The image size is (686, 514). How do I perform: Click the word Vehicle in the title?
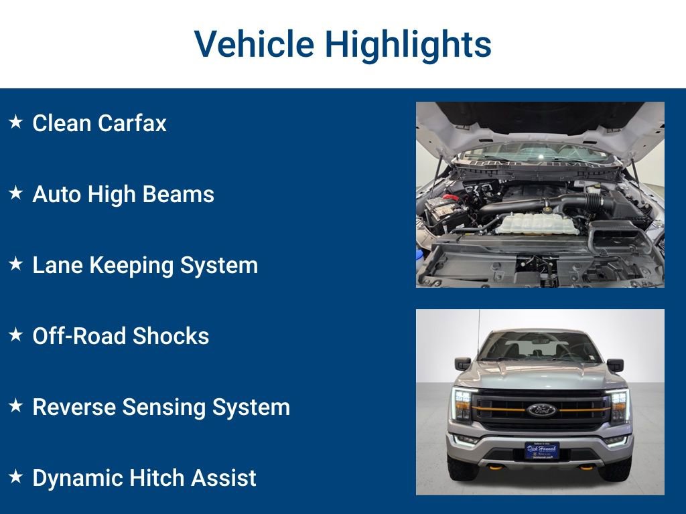click(x=254, y=44)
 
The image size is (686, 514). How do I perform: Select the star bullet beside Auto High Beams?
click(x=16, y=193)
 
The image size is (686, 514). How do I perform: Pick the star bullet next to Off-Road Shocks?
click(x=16, y=335)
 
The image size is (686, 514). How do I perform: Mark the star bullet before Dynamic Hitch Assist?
click(x=16, y=477)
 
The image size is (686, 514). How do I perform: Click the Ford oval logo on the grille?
click(x=541, y=410)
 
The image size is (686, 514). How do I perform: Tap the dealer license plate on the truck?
click(x=541, y=450)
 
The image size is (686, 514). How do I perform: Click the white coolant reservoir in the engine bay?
click(x=537, y=224)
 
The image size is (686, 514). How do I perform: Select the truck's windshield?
click(x=539, y=347)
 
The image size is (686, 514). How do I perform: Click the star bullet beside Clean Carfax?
click(x=16, y=122)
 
